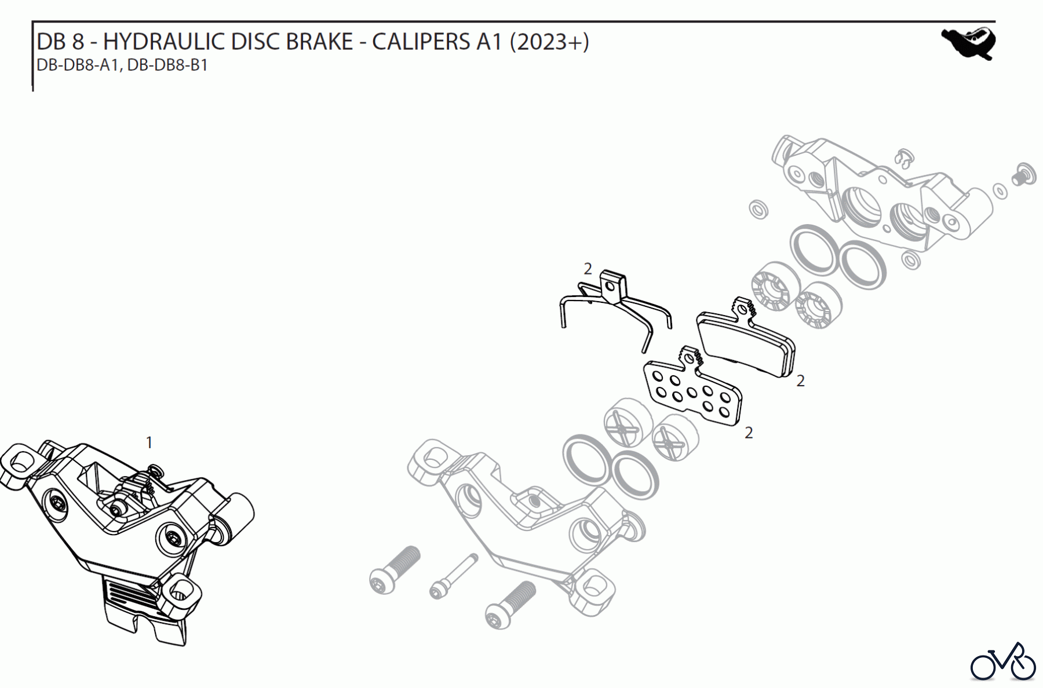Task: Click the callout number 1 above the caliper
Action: click(x=149, y=442)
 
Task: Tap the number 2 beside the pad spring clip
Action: click(x=588, y=269)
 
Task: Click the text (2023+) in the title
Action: click(x=549, y=42)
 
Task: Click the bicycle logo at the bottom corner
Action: click(x=1002, y=661)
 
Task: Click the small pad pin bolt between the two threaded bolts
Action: click(x=454, y=576)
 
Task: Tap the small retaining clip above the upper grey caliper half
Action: click(x=903, y=158)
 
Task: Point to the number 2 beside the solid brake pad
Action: click(x=800, y=381)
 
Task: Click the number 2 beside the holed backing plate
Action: click(x=749, y=433)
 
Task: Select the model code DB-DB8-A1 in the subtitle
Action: click(x=77, y=65)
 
